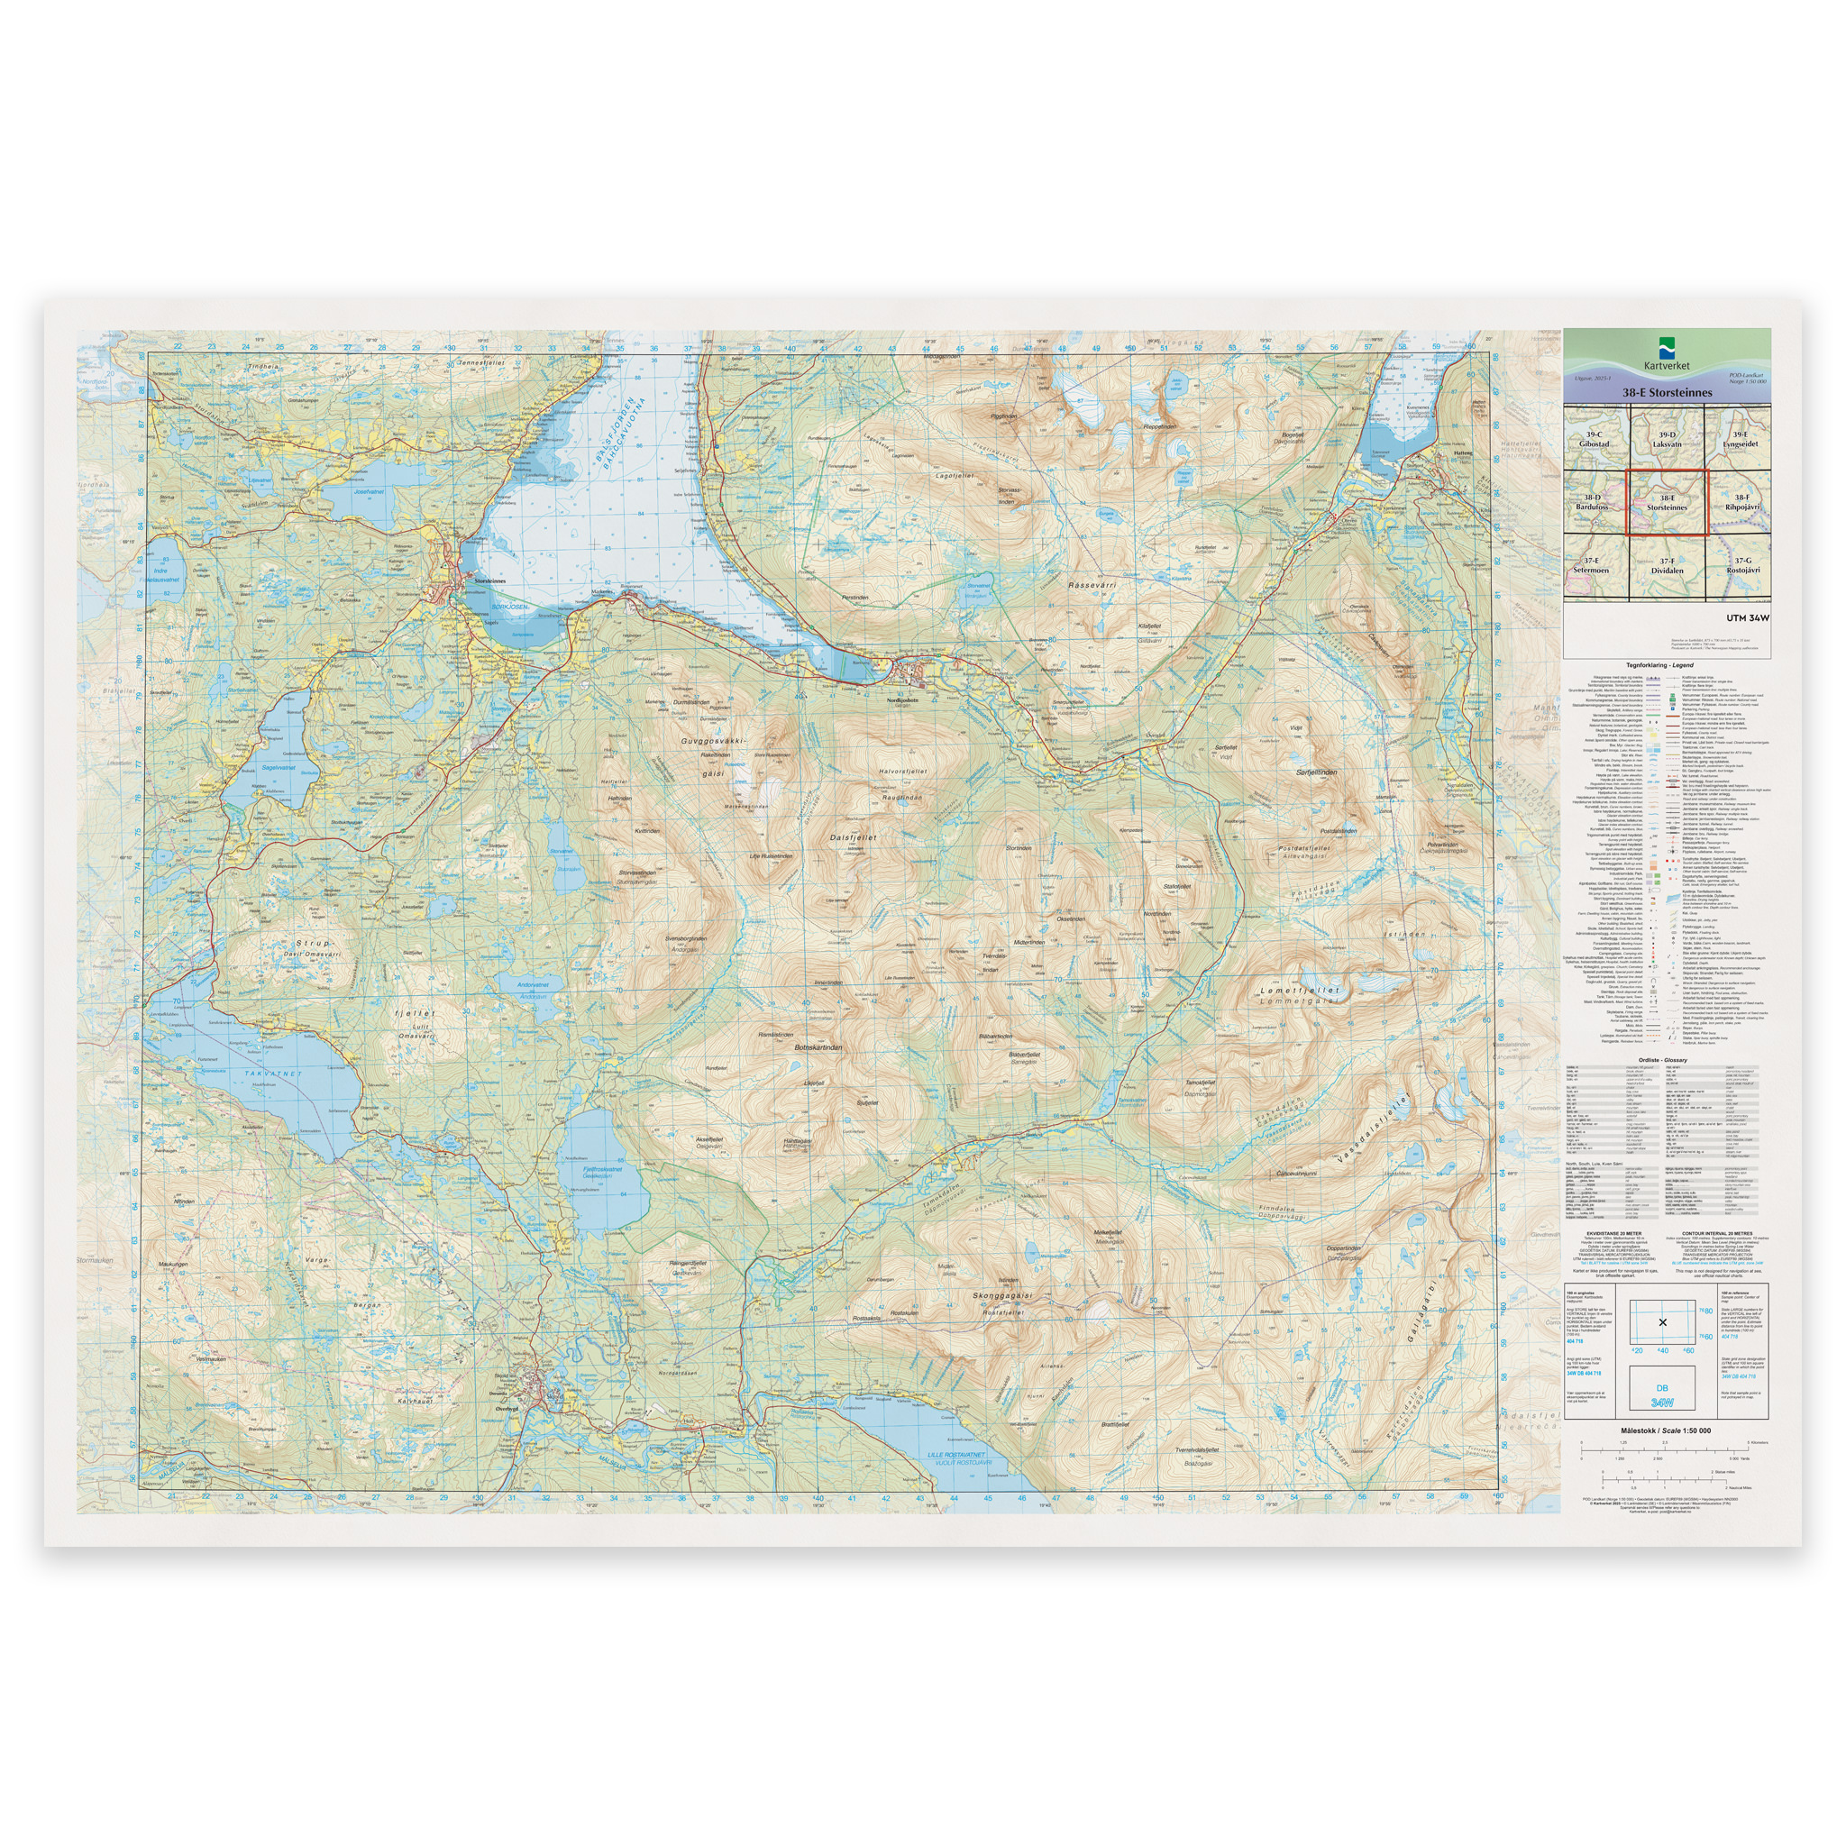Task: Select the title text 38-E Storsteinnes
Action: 1667,393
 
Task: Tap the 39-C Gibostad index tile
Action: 1593,440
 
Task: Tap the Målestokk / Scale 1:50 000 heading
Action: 1666,1430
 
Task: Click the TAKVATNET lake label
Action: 272,1074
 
